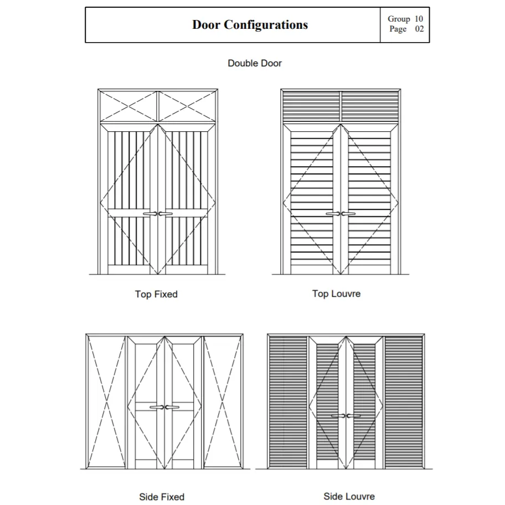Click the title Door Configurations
(x=250, y=25)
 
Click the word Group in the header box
(x=399, y=19)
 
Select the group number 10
(x=419, y=19)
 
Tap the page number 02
(x=419, y=29)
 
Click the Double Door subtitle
(x=255, y=63)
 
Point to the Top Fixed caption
(x=156, y=294)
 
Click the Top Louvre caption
(x=336, y=293)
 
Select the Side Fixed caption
(x=162, y=497)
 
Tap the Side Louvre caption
(x=349, y=496)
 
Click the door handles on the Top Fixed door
(x=158, y=214)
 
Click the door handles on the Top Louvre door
(x=341, y=214)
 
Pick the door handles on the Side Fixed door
(x=164, y=408)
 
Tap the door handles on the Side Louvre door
(x=346, y=416)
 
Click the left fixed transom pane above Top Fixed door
(x=129, y=106)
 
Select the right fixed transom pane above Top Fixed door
(x=187, y=106)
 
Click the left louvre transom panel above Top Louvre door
(x=311, y=102)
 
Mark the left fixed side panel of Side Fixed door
(x=106, y=401)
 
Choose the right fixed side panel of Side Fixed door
(x=222, y=401)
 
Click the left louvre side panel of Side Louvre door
(x=288, y=401)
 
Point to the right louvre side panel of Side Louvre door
(x=404, y=401)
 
